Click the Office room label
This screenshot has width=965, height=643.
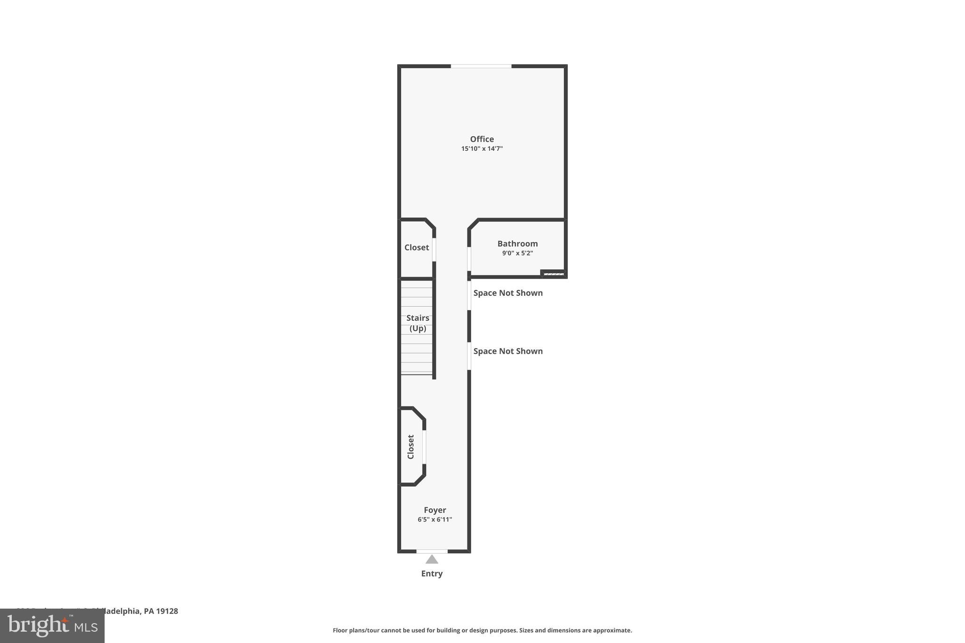tap(482, 139)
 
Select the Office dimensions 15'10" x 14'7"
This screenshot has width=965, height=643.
tap(482, 149)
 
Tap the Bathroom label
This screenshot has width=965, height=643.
tap(517, 244)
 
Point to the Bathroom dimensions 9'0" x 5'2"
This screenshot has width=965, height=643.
tap(517, 253)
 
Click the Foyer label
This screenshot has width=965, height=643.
tap(434, 510)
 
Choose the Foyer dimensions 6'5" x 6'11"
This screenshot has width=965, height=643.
tap(434, 520)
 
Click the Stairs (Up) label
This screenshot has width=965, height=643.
tap(417, 323)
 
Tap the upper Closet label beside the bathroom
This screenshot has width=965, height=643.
tap(417, 247)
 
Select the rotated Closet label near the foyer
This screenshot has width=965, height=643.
tap(410, 447)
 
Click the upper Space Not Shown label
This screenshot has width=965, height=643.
tap(508, 293)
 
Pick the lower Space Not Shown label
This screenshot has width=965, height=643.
tap(508, 351)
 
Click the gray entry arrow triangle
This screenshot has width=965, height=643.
tap(432, 560)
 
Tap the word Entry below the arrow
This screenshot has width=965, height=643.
tap(432, 573)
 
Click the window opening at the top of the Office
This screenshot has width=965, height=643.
tap(481, 66)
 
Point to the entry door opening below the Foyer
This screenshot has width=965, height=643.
tap(432, 551)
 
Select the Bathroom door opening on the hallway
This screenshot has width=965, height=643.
tap(469, 259)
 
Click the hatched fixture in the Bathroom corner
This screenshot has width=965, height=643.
tap(553, 274)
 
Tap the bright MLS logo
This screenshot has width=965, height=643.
tap(52, 626)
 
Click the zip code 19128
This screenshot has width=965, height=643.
tap(167, 611)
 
